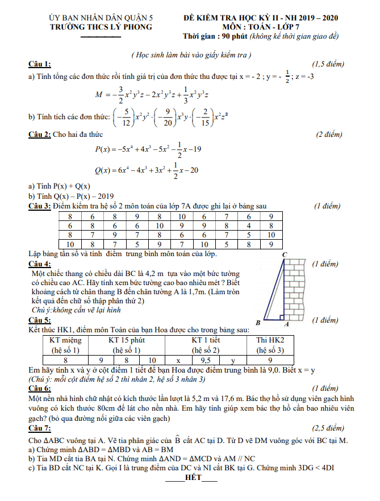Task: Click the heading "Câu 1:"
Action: pos(39,64)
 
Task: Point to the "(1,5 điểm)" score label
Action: pos(328,64)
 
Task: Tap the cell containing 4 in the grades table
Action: pos(248,225)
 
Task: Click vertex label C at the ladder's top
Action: pos(284,254)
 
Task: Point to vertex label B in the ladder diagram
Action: pos(258,323)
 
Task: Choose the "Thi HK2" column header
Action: pos(270,340)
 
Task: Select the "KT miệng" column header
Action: pos(65,340)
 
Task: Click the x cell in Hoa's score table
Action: pos(178,360)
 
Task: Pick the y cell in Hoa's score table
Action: pos(232,360)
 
